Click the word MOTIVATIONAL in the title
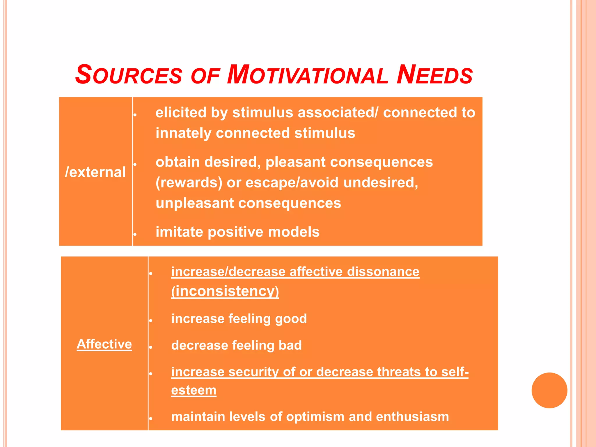(307, 75)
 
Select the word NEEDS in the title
(434, 75)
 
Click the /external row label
(95, 172)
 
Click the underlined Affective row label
(104, 344)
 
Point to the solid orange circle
(549, 390)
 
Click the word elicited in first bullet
(181, 113)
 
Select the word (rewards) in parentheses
(189, 183)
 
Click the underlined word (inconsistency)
(225, 291)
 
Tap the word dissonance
(383, 272)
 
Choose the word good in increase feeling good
(291, 319)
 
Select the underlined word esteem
(194, 390)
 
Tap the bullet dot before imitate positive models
(135, 234)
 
